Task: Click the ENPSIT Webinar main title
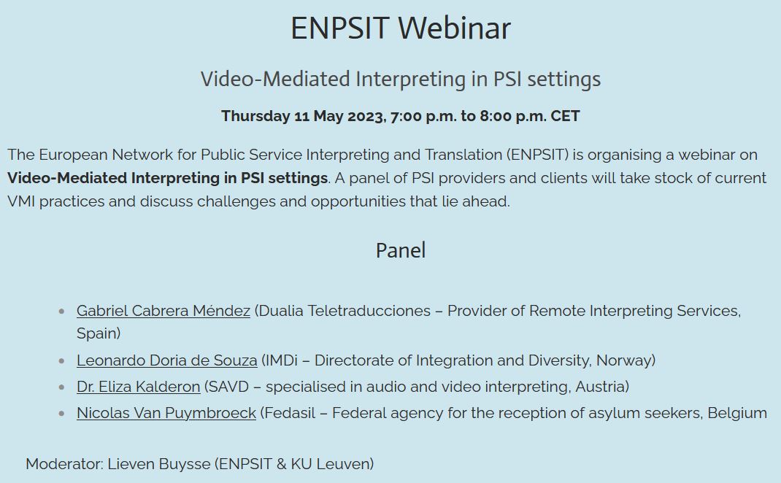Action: click(x=400, y=28)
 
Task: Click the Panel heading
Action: click(x=400, y=250)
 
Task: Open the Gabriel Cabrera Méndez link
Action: click(x=163, y=311)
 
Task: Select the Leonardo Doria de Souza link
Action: click(x=166, y=360)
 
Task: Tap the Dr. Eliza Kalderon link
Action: click(x=138, y=387)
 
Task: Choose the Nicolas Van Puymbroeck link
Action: click(x=166, y=413)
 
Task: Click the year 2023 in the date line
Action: click(x=366, y=117)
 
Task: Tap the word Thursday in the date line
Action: click(x=255, y=117)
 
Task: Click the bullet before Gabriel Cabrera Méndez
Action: click(x=61, y=312)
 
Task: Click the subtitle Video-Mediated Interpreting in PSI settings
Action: click(x=400, y=79)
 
